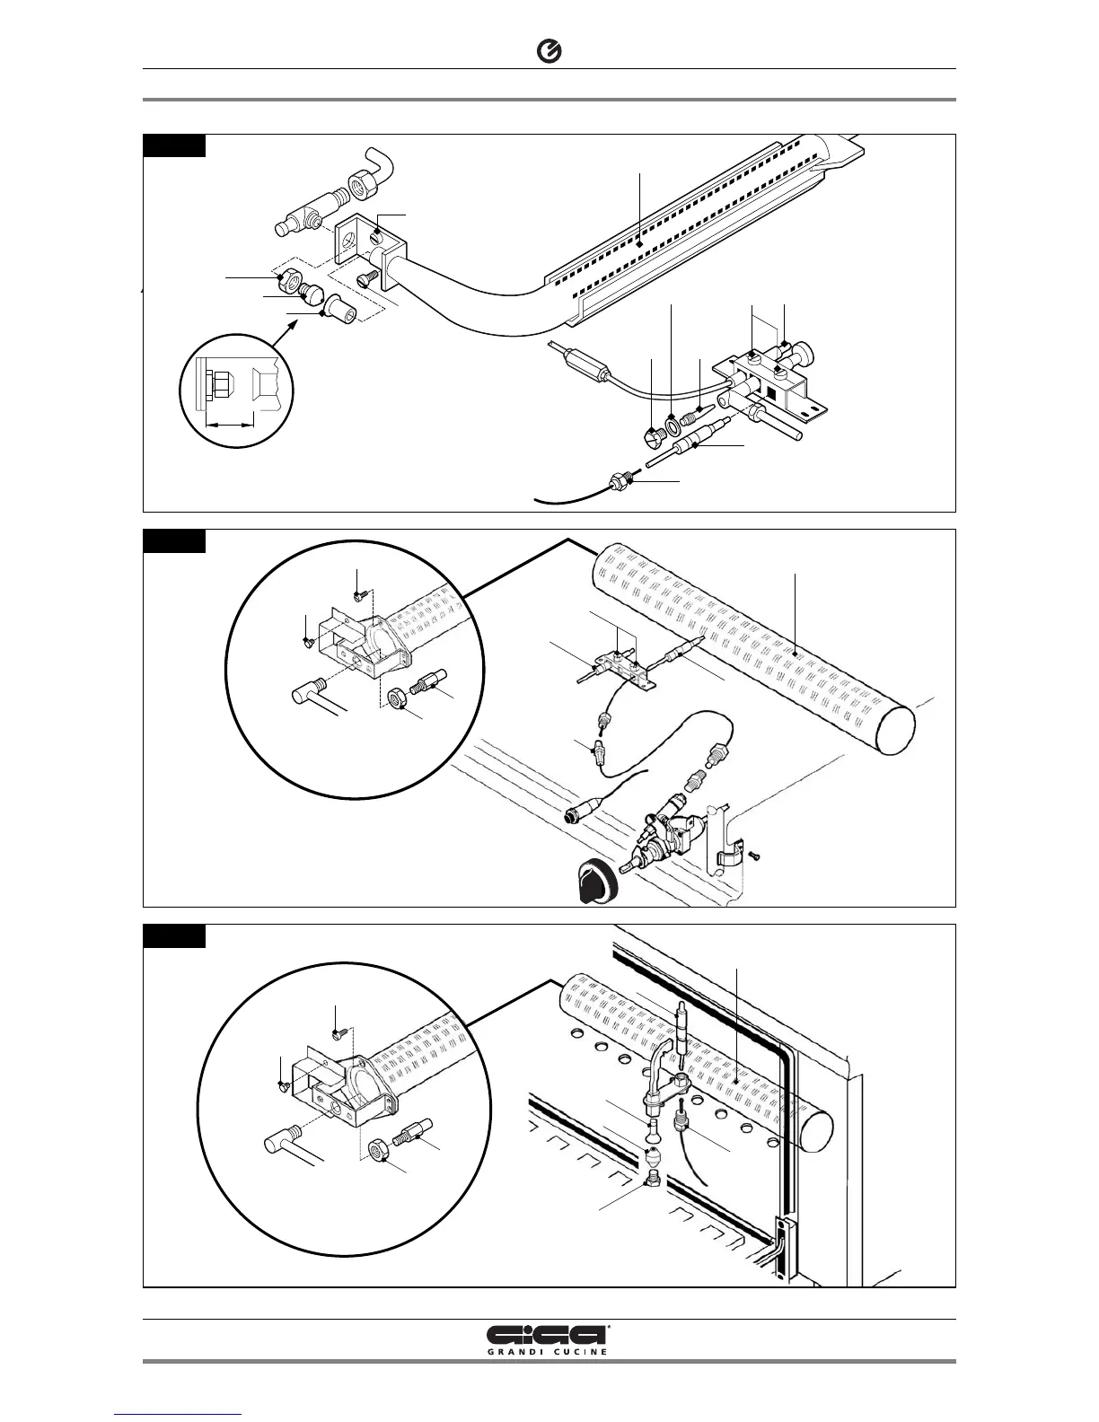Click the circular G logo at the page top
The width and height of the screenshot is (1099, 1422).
pyautogui.click(x=549, y=53)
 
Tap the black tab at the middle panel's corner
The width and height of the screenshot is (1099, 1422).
pyautogui.click(x=175, y=540)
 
